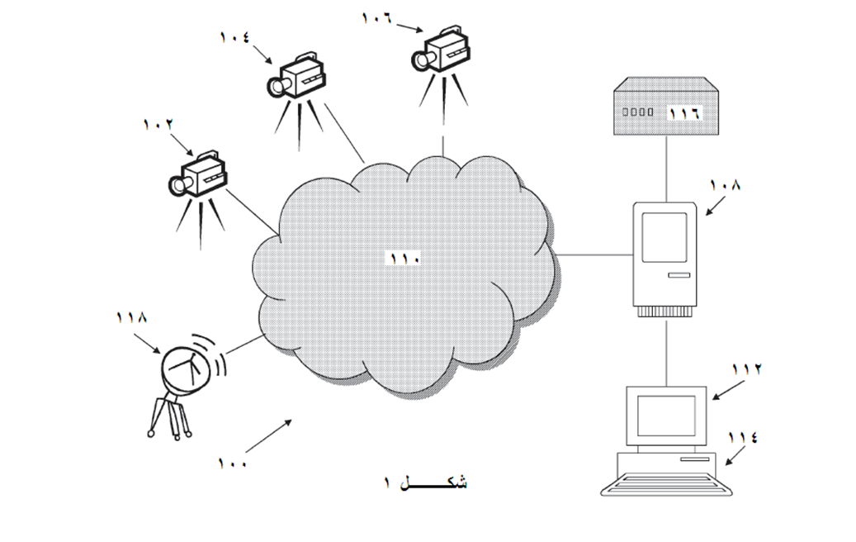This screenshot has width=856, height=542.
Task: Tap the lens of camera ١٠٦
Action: [x=423, y=59]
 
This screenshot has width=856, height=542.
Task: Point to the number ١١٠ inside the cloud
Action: [x=405, y=259]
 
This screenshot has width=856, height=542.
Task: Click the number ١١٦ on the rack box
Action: [x=683, y=112]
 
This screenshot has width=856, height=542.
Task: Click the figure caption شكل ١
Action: [x=424, y=483]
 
